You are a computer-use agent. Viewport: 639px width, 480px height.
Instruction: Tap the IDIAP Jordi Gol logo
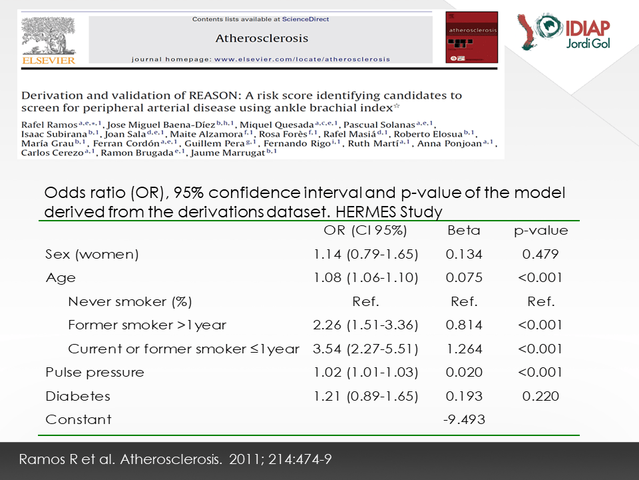[x=564, y=32]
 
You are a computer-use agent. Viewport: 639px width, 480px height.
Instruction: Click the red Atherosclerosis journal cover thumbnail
[x=471, y=37]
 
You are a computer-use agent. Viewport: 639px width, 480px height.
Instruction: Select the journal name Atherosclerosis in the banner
[x=262, y=39]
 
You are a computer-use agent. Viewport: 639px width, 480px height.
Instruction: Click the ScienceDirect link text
[x=306, y=19]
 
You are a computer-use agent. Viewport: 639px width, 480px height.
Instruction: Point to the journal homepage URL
[x=302, y=59]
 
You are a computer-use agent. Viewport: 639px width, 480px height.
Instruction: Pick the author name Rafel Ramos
[x=49, y=125]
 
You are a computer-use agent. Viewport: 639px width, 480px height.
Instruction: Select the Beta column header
[x=464, y=231]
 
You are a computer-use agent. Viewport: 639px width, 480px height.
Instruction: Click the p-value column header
[x=540, y=231]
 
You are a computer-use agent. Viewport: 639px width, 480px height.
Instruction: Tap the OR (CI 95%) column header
[x=365, y=231]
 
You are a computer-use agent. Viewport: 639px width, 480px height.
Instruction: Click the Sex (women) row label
[x=92, y=254]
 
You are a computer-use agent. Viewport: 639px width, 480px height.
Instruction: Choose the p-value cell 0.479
[x=540, y=254]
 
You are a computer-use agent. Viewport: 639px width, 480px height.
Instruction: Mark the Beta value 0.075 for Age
[x=464, y=277]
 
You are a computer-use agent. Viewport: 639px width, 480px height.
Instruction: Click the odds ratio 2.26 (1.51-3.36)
[x=365, y=325]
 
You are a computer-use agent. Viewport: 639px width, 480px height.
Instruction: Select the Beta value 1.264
[x=464, y=349]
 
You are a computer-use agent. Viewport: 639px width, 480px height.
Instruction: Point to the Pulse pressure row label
[x=95, y=373]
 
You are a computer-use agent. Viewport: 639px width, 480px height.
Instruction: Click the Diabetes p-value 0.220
[x=540, y=396]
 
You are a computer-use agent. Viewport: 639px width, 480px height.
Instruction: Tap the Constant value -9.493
[x=464, y=419]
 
